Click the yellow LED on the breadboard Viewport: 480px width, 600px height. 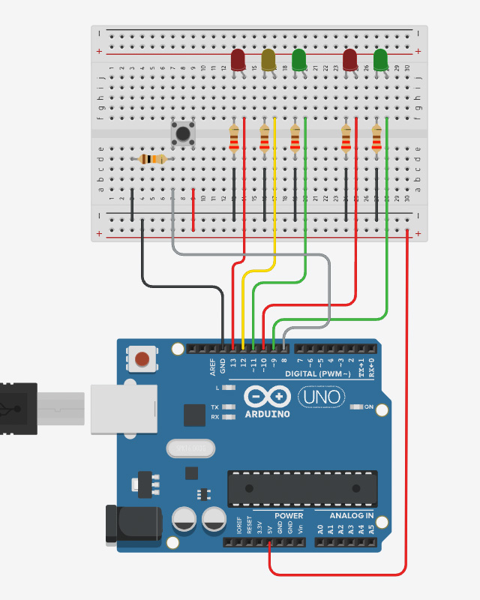[268, 59]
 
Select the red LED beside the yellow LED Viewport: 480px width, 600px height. [238, 59]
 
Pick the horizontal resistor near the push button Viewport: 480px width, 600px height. [153, 159]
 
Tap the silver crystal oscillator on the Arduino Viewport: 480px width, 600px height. [190, 448]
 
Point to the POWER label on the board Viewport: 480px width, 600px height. [289, 516]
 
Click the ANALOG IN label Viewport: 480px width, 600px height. [352, 516]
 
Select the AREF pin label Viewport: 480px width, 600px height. [213, 367]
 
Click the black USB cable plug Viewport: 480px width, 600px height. [18, 409]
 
